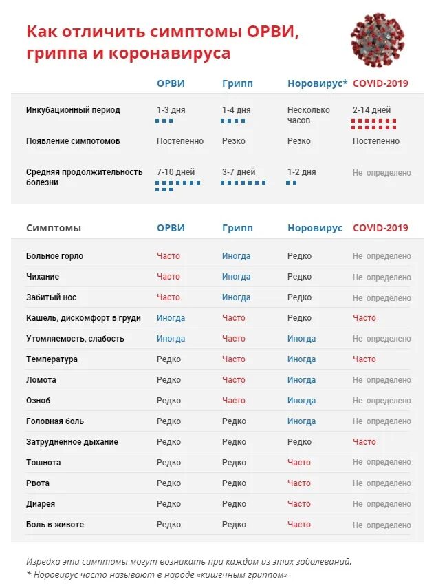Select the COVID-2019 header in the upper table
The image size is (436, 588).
point(380,83)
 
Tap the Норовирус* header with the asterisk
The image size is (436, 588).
point(317,83)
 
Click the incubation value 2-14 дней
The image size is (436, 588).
point(371,110)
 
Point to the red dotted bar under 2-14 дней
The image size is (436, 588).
point(374,124)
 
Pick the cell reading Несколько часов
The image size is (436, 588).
point(308,115)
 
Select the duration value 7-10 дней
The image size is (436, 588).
point(175,172)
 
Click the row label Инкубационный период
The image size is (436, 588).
point(73,110)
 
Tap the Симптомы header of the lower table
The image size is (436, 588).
point(54,228)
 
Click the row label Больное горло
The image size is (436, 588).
point(54,256)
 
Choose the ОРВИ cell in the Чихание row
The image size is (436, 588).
point(168,277)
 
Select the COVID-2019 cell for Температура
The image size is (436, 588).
point(364,359)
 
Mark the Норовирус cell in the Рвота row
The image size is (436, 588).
point(299,483)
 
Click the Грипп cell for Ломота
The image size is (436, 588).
point(233,380)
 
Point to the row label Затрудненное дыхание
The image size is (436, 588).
point(72,442)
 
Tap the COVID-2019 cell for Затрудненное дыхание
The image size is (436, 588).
point(364,442)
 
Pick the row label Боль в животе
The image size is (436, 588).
point(55,525)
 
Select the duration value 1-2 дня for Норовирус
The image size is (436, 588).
point(301,172)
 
